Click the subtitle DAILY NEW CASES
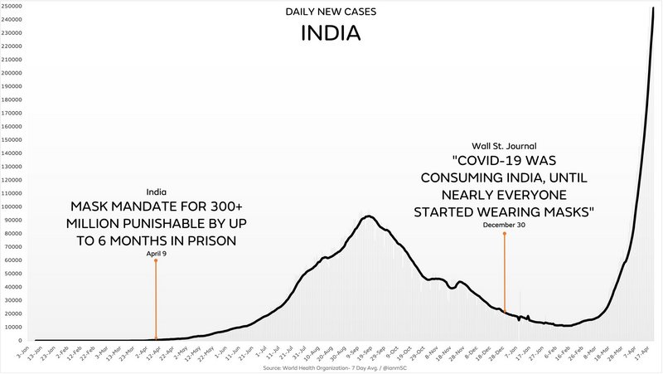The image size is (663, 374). tap(331, 12)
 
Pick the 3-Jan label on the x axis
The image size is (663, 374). tap(23, 352)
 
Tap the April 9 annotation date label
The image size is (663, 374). tap(156, 253)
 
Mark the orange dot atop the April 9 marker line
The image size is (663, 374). tap(156, 260)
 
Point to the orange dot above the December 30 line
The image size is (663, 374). tap(504, 234)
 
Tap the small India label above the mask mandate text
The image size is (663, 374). tap(156, 192)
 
